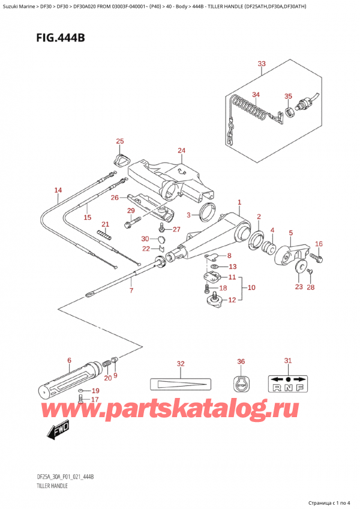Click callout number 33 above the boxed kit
tap(261, 64)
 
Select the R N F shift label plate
tap(288, 384)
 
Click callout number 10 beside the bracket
tap(251, 288)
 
